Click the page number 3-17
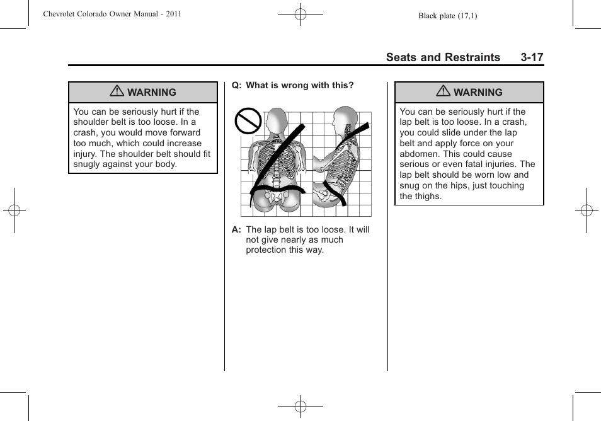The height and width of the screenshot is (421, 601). pyautogui.click(x=532, y=57)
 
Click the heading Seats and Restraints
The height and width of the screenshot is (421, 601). pyautogui.click(x=443, y=57)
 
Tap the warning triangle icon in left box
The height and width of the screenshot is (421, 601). pyautogui.click(x=117, y=92)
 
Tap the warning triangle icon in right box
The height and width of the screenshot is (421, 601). pyautogui.click(x=443, y=92)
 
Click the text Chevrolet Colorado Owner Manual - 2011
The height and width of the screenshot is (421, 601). pyautogui.click(x=112, y=13)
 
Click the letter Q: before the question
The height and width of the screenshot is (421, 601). pyautogui.click(x=236, y=86)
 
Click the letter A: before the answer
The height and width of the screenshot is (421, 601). pyautogui.click(x=237, y=230)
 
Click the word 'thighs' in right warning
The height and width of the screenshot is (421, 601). pyautogui.click(x=428, y=196)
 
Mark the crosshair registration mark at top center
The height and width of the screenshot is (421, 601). pyautogui.click(x=300, y=14)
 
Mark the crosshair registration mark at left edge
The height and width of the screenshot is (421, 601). pyautogui.click(x=14, y=211)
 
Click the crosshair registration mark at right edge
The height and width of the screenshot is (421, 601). pyautogui.click(x=587, y=211)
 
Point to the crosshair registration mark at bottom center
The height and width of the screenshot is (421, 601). pyautogui.click(x=300, y=407)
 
